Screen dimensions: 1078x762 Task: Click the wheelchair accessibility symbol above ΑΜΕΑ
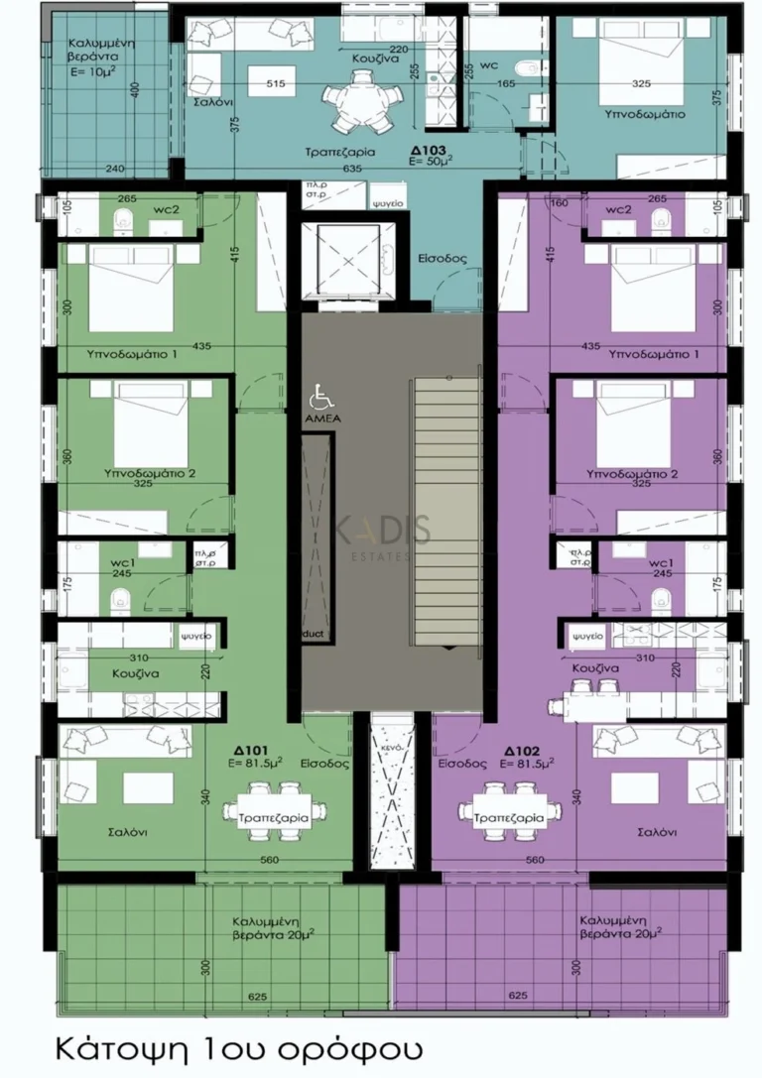tap(321, 399)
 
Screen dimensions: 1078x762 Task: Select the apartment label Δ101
tap(263, 751)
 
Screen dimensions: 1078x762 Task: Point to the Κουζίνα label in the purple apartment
tap(595, 668)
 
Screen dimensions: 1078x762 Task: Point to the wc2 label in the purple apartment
tap(617, 209)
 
